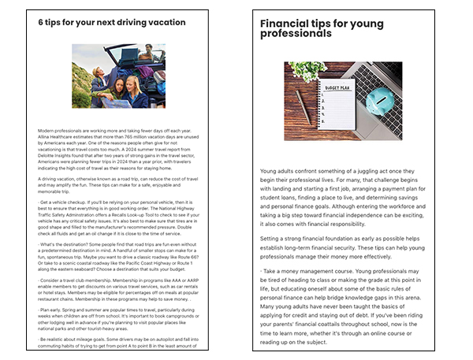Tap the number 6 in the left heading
click(x=41, y=23)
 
